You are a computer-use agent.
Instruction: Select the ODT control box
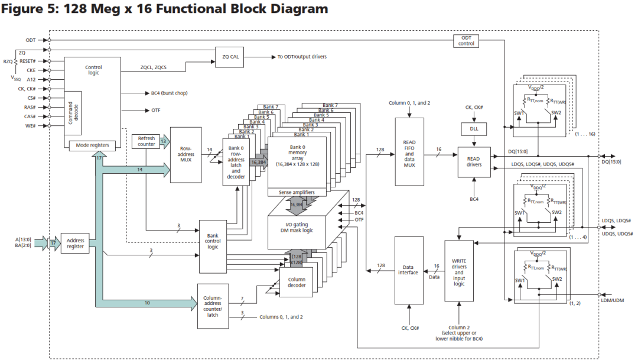466,40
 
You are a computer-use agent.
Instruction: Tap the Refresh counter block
146,141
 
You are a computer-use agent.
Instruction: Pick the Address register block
75,243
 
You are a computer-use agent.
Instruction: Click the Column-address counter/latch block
213,306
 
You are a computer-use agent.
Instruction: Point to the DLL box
473,129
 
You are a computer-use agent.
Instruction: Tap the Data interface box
408,270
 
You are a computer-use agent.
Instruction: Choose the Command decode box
71,113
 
